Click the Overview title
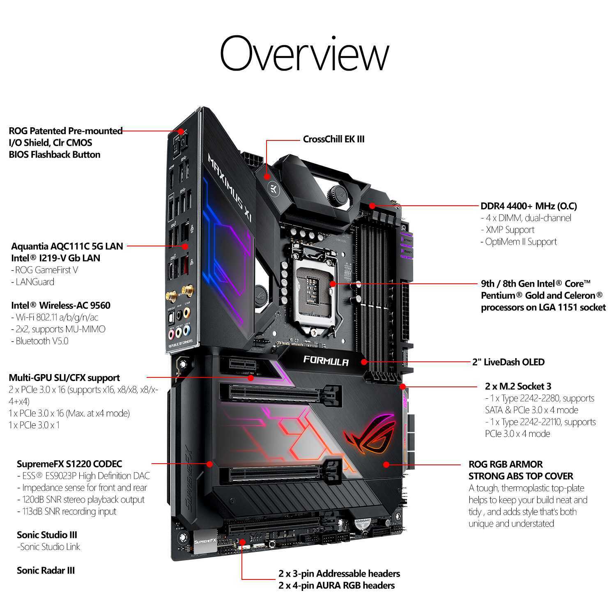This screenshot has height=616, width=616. [x=304, y=53]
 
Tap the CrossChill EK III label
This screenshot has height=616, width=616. [x=333, y=139]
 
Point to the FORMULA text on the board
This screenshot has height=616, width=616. [x=326, y=361]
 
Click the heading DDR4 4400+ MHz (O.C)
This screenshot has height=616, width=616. [x=529, y=206]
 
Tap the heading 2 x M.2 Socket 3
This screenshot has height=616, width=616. [x=518, y=386]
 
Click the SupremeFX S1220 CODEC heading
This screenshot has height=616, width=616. [x=69, y=464]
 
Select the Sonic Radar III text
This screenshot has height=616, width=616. [x=46, y=570]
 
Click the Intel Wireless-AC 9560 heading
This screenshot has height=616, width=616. [x=61, y=306]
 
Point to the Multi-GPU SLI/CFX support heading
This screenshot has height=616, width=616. [x=64, y=378]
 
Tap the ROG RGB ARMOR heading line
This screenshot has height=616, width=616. [x=506, y=464]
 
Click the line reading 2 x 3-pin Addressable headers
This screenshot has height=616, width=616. [x=339, y=574]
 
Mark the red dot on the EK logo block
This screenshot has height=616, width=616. [x=267, y=177]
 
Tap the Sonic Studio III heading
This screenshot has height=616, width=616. [x=47, y=535]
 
